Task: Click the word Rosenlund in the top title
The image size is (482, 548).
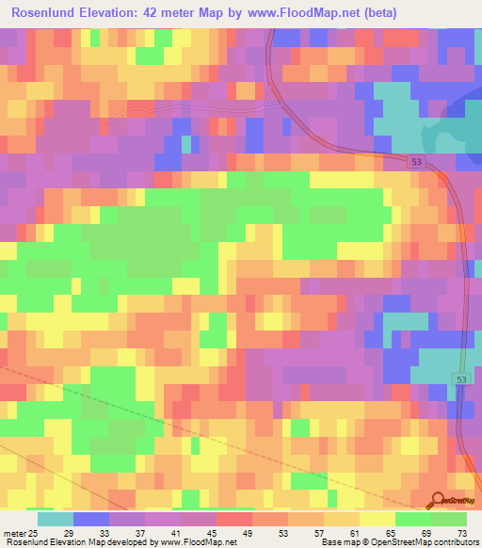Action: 46,13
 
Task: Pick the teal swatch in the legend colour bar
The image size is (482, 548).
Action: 56,520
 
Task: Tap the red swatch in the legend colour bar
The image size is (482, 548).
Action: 234,520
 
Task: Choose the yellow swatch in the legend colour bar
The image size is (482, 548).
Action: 378,520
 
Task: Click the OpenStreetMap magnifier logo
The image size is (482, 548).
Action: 437,501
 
